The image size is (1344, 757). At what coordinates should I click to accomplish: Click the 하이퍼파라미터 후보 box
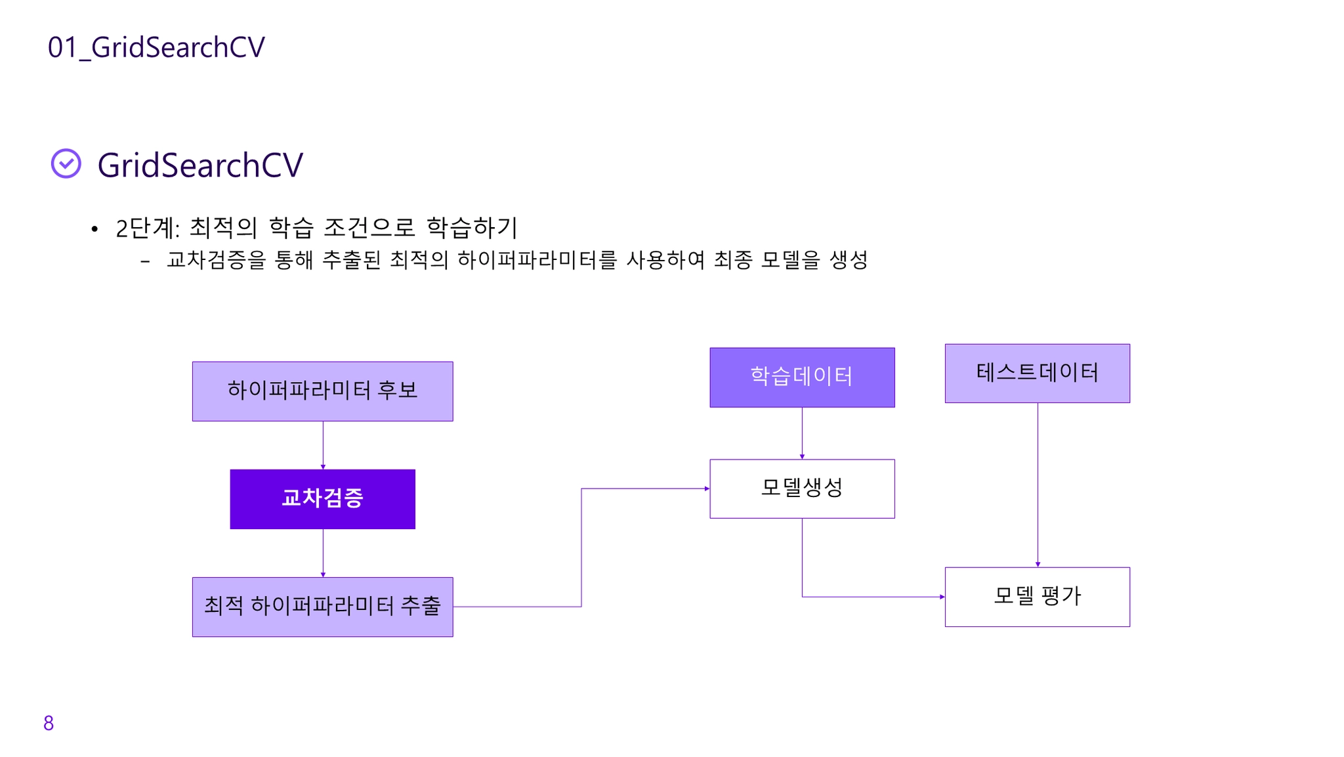tap(322, 391)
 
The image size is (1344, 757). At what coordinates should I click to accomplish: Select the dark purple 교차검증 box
tap(322, 498)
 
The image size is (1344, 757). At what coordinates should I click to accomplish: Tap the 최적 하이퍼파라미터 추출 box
tap(322, 607)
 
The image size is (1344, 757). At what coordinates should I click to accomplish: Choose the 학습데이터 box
tap(802, 377)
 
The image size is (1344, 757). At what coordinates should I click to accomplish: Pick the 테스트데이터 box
tap(1037, 373)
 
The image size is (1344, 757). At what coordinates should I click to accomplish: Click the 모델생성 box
tap(802, 488)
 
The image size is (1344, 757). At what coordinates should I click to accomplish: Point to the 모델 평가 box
tap(1037, 596)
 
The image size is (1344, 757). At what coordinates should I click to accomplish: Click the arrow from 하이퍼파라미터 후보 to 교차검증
tap(323, 444)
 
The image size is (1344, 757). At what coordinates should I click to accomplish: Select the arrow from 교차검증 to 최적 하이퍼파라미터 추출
tap(323, 553)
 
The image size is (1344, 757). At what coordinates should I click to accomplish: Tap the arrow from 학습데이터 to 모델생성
tap(802, 433)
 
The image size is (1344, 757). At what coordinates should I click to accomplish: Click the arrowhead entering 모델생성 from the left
tap(706, 488)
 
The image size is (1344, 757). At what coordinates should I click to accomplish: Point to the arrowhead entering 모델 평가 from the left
tap(942, 597)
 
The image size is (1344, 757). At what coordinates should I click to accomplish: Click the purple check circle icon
tap(66, 163)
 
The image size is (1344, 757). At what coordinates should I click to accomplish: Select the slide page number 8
tap(49, 723)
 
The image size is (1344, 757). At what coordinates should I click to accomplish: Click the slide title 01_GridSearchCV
tap(156, 47)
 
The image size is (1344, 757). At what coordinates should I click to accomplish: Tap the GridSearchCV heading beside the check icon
tap(200, 165)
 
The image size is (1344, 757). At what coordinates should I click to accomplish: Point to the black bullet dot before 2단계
tap(95, 229)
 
